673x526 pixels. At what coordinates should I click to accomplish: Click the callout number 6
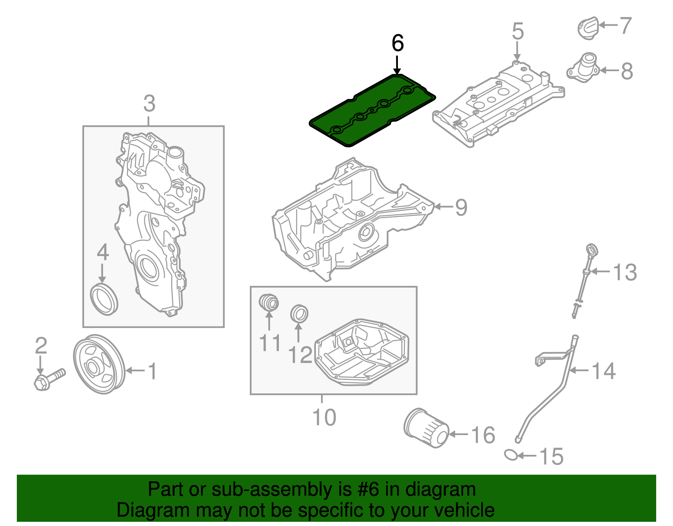(397, 43)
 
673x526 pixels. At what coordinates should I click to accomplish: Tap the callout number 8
(627, 71)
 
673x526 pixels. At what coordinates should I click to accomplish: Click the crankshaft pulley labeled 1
(99, 365)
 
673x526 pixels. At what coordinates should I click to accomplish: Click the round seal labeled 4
(104, 299)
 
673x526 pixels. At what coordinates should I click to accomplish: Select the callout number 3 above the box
(149, 104)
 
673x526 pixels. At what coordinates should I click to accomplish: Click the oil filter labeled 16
(426, 428)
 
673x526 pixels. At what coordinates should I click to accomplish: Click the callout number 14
(604, 371)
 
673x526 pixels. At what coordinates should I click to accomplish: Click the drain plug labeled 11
(268, 302)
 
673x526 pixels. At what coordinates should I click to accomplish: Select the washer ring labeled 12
(299, 313)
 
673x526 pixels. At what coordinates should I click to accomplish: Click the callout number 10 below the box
(324, 417)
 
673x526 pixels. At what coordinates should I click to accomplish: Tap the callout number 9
(461, 207)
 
